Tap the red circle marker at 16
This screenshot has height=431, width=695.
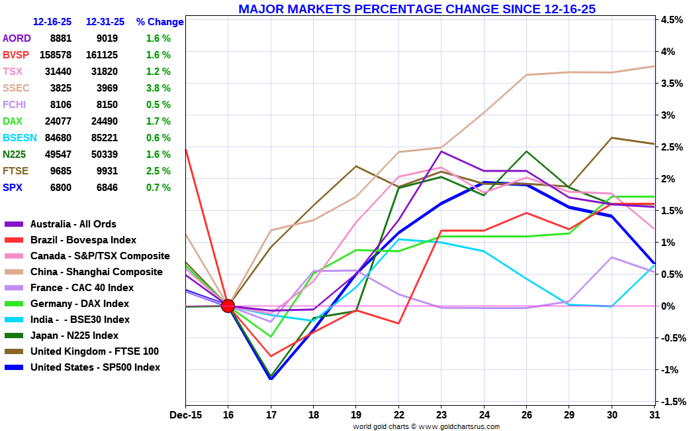coord(228,306)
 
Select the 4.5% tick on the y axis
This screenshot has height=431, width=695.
coord(671,20)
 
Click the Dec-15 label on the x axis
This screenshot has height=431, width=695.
coord(185,414)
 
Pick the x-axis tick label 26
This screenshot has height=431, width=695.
coord(526,414)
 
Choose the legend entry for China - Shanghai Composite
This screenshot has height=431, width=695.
coord(96,272)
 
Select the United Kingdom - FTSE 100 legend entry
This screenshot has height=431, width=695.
coord(94,351)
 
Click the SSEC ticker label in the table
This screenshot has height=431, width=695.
coord(16,88)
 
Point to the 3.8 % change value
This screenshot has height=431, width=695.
coord(158,88)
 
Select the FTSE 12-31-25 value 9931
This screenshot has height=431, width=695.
coord(102,171)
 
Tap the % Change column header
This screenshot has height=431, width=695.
coord(160,22)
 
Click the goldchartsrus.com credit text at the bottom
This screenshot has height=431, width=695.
coord(426,426)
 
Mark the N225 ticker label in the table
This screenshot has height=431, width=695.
coord(15,154)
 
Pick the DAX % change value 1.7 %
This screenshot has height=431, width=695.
coord(158,121)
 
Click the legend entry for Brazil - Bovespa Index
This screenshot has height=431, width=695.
coord(83,240)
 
